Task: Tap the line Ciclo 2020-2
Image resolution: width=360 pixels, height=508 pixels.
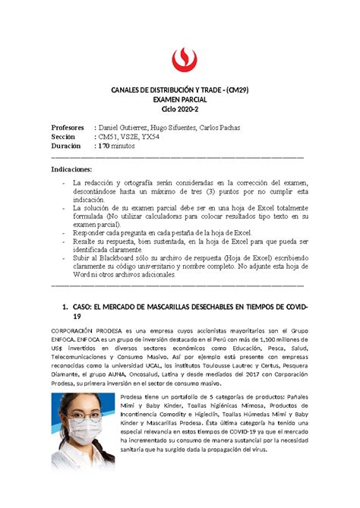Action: pos(179,111)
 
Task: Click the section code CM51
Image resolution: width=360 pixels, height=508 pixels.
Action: pos(104,137)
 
